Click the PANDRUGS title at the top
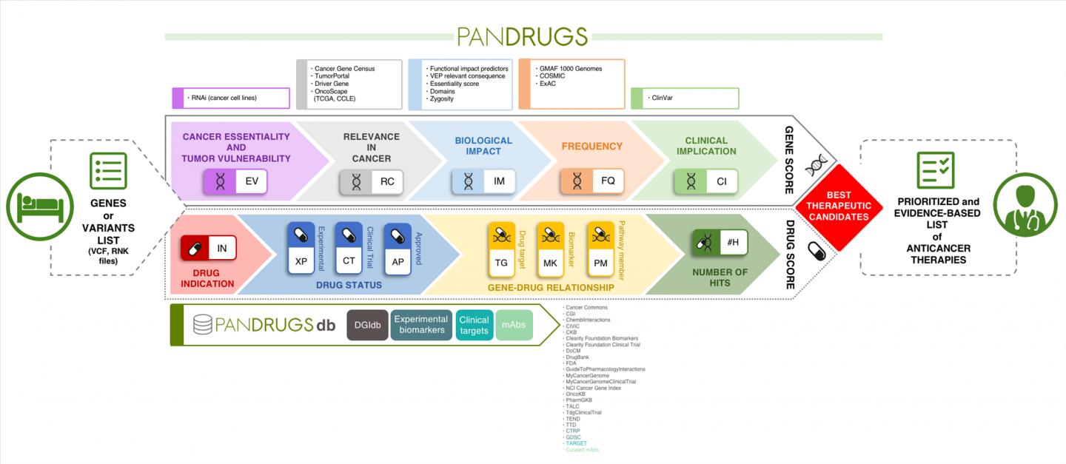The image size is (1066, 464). (523, 36)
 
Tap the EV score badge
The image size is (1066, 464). (235, 181)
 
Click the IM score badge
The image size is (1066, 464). (483, 181)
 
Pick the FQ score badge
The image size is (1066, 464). (592, 181)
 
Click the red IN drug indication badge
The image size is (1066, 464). (208, 248)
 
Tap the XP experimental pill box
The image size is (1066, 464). (301, 248)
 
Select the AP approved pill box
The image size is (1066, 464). (397, 248)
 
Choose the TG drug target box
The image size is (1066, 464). (501, 248)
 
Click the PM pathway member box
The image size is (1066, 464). (600, 248)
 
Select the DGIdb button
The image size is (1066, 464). (367, 325)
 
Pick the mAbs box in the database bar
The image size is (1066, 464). (514, 325)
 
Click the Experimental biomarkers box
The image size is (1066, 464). (421, 325)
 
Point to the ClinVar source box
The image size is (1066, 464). (685, 98)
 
